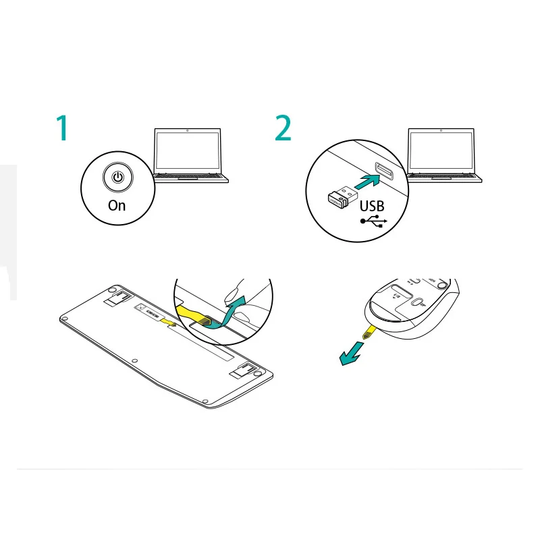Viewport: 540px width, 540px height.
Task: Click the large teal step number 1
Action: [x=62, y=128]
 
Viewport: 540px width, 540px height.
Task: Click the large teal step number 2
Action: [x=283, y=128]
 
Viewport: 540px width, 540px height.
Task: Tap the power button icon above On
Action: [x=117, y=178]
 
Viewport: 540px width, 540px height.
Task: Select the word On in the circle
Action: [x=117, y=205]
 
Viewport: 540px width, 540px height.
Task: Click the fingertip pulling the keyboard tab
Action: [x=233, y=294]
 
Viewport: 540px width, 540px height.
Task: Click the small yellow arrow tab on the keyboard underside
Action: [x=171, y=325]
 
